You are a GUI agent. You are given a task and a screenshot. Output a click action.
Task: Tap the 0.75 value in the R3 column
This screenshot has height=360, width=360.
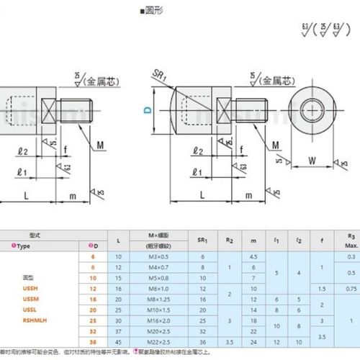coord(351,289)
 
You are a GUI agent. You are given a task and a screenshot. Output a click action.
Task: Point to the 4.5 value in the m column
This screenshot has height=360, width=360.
coord(253,256)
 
